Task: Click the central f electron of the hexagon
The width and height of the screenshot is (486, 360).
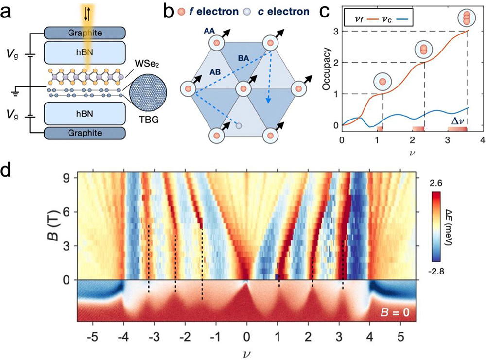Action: pyautogui.click(x=243, y=89)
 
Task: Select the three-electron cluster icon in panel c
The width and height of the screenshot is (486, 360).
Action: pyautogui.click(x=468, y=17)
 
